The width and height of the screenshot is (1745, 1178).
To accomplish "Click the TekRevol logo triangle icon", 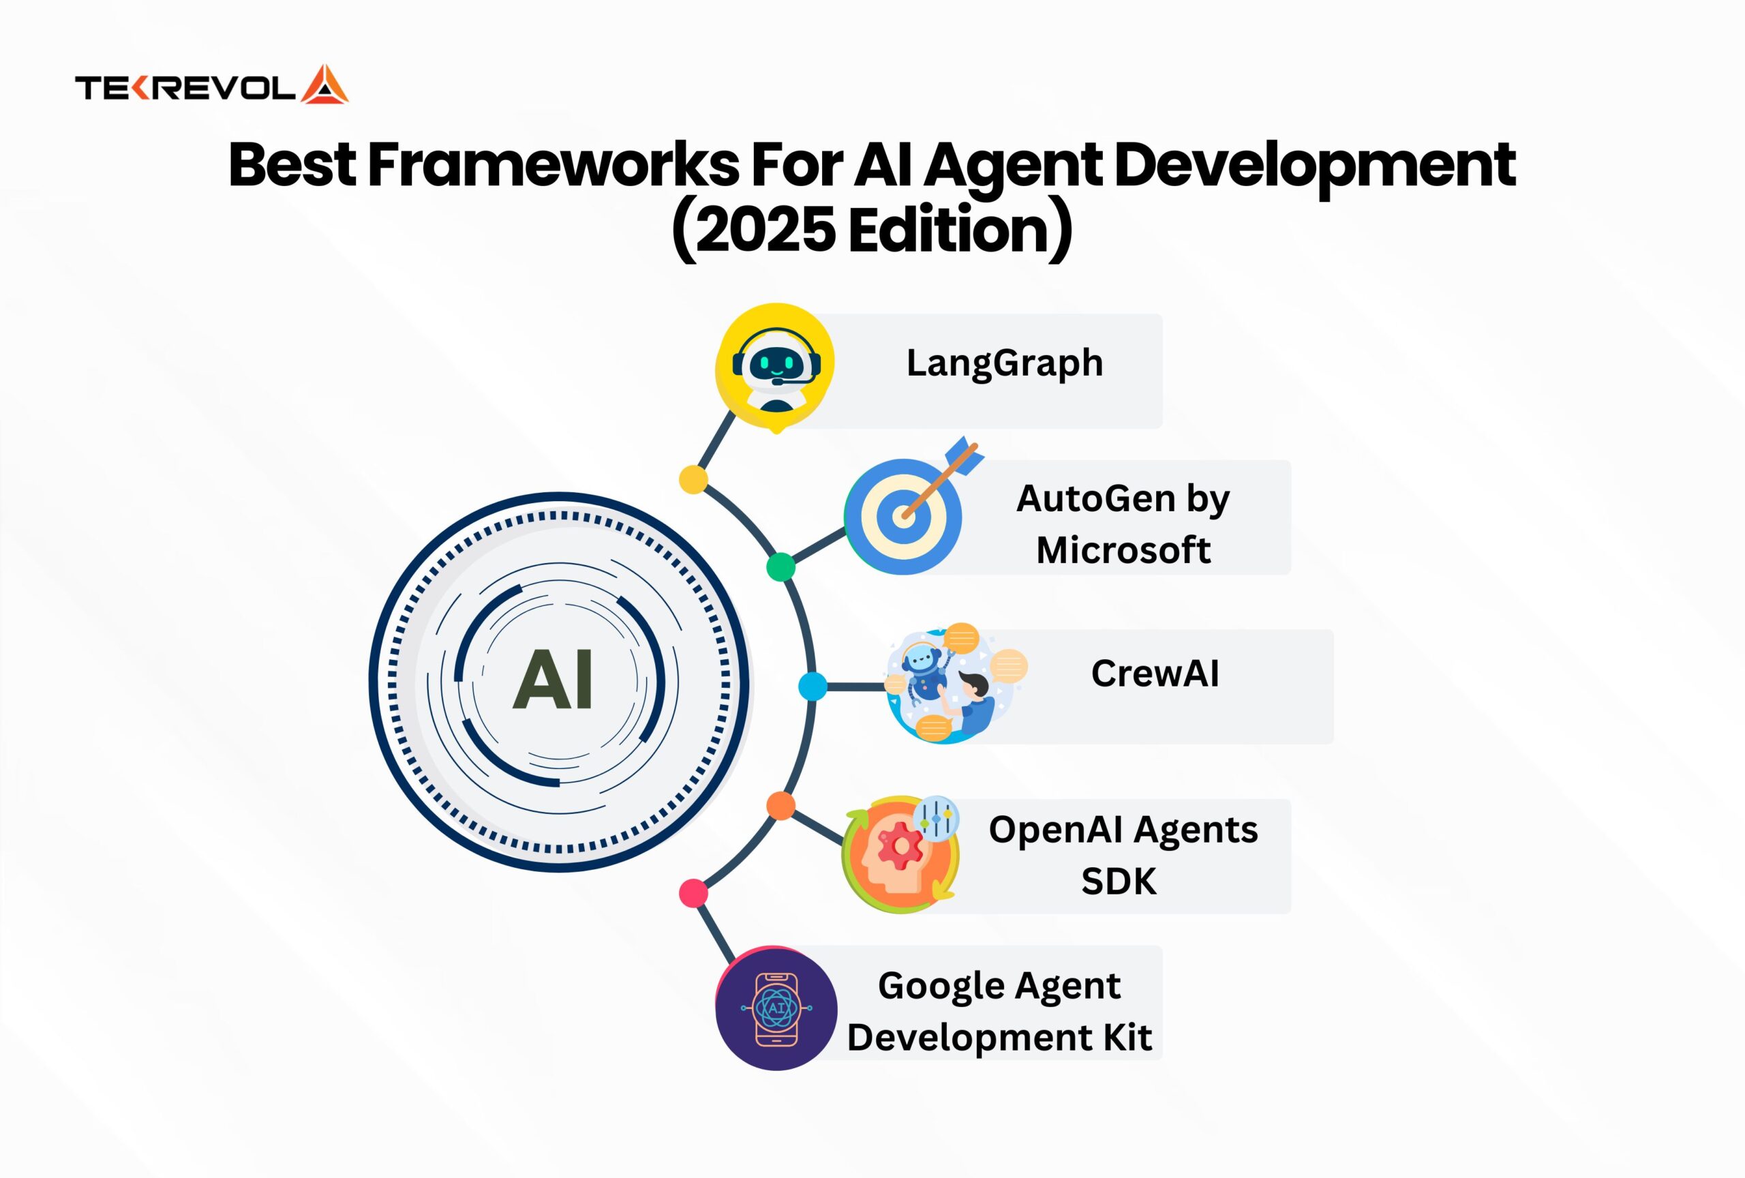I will [324, 86].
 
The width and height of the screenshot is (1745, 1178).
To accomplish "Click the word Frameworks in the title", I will [553, 164].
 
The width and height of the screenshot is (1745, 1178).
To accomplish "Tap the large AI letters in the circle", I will [553, 680].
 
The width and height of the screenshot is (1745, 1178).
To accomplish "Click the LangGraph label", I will [1005, 363].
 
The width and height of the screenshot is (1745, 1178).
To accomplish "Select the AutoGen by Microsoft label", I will [1123, 524].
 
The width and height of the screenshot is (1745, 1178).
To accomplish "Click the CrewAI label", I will [1155, 674].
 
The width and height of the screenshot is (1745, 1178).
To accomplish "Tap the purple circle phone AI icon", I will [776, 1008].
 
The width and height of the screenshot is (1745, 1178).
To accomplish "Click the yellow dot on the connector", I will [693, 479].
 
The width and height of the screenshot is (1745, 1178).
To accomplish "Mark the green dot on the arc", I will [781, 567].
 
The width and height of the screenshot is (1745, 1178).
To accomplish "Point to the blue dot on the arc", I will [813, 686].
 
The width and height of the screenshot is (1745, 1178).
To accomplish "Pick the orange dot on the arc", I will [781, 806].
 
